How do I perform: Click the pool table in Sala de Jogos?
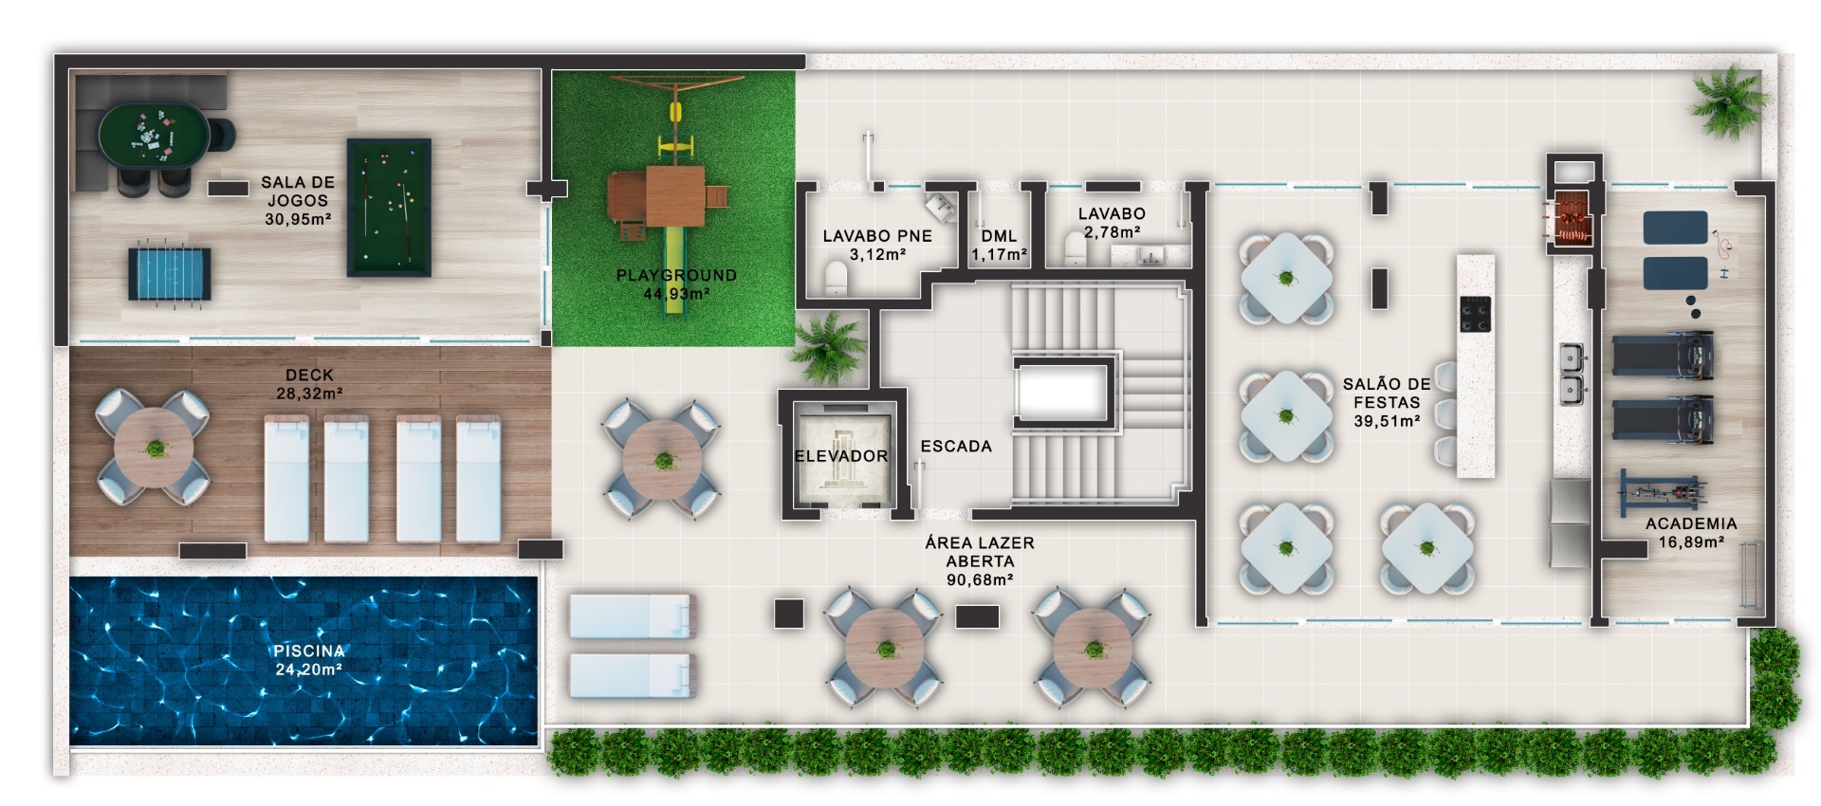click(x=389, y=208)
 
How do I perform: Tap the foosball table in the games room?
click(x=170, y=275)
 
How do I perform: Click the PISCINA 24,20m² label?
click(x=308, y=660)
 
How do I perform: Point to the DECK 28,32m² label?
click(x=309, y=384)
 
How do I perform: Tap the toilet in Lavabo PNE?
click(x=836, y=278)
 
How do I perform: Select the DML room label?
click(x=999, y=236)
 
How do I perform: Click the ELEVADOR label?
click(x=841, y=456)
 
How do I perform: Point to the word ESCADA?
click(x=956, y=447)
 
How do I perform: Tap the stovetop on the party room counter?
click(x=1475, y=314)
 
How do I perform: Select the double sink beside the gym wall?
click(x=1571, y=373)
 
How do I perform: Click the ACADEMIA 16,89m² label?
click(x=1691, y=533)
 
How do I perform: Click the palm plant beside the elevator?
click(x=828, y=347)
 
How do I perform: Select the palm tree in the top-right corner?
click(x=1730, y=101)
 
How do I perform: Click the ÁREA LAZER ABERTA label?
click(x=980, y=560)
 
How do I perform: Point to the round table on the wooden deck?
click(x=154, y=448)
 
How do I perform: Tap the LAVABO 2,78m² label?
click(x=1112, y=223)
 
